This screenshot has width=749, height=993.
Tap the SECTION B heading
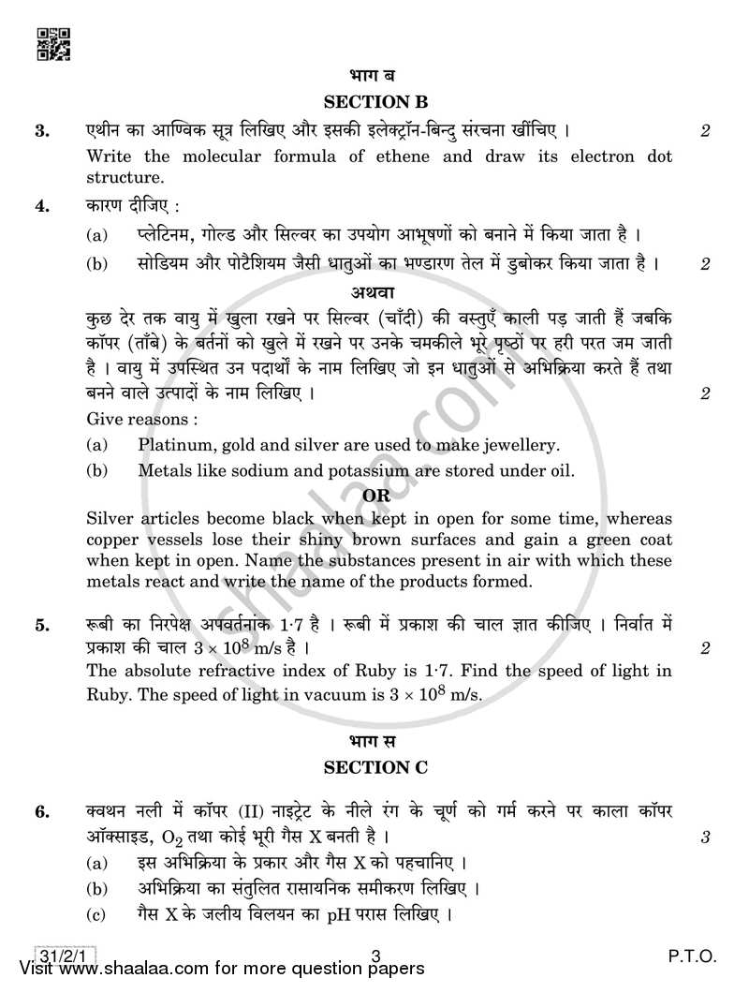tap(374, 102)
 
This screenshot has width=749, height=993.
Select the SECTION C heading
tap(374, 768)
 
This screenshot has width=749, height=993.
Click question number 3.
tap(42, 131)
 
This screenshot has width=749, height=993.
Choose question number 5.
tap(42, 625)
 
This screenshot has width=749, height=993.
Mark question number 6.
tap(42, 813)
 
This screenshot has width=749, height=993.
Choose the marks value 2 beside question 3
tap(704, 131)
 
